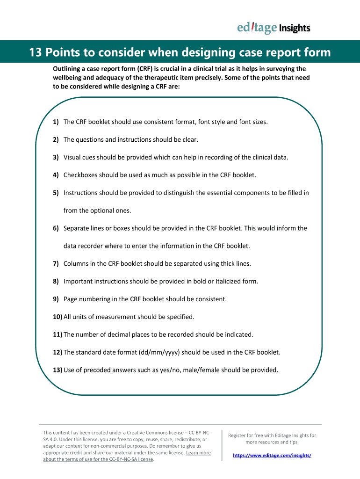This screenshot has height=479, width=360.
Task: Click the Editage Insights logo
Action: pos(274,28)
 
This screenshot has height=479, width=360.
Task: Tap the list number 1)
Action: pos(56,122)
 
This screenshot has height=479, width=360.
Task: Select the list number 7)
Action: pos(56,264)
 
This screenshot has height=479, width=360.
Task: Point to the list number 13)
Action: pos(58,370)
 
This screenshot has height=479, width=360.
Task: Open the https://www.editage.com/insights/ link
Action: pos(272,455)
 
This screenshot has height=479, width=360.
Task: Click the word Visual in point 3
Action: pos(73,157)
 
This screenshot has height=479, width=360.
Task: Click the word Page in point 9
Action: pos(71,299)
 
